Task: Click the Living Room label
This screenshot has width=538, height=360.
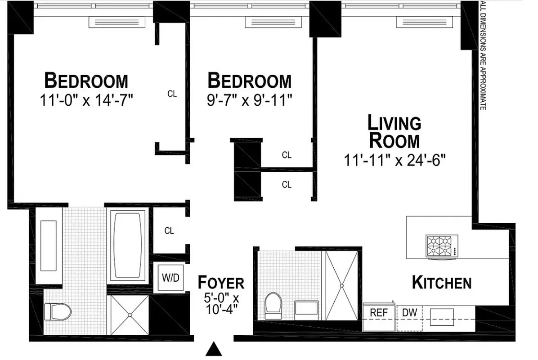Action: click(395, 131)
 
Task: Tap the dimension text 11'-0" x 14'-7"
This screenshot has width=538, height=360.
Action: click(86, 100)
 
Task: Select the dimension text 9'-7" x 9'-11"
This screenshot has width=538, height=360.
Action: click(250, 100)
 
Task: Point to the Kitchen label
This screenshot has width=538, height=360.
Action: click(442, 283)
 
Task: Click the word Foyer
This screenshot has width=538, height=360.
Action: click(221, 283)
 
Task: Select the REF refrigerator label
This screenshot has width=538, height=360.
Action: click(379, 312)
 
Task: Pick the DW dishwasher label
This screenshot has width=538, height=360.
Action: click(409, 312)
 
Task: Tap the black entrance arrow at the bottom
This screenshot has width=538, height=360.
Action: click(215, 349)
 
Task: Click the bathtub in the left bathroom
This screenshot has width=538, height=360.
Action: click(128, 245)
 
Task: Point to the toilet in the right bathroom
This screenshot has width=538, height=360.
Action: click(273, 306)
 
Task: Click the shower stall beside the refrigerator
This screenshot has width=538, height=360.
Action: click(342, 285)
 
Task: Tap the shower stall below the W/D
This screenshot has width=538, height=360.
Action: click(129, 314)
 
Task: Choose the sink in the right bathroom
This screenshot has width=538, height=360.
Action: click(307, 308)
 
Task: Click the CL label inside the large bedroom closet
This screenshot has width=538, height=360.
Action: click(172, 94)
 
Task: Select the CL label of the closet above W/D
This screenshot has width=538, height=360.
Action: click(169, 231)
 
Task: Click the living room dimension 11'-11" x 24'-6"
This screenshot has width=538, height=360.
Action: click(395, 160)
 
